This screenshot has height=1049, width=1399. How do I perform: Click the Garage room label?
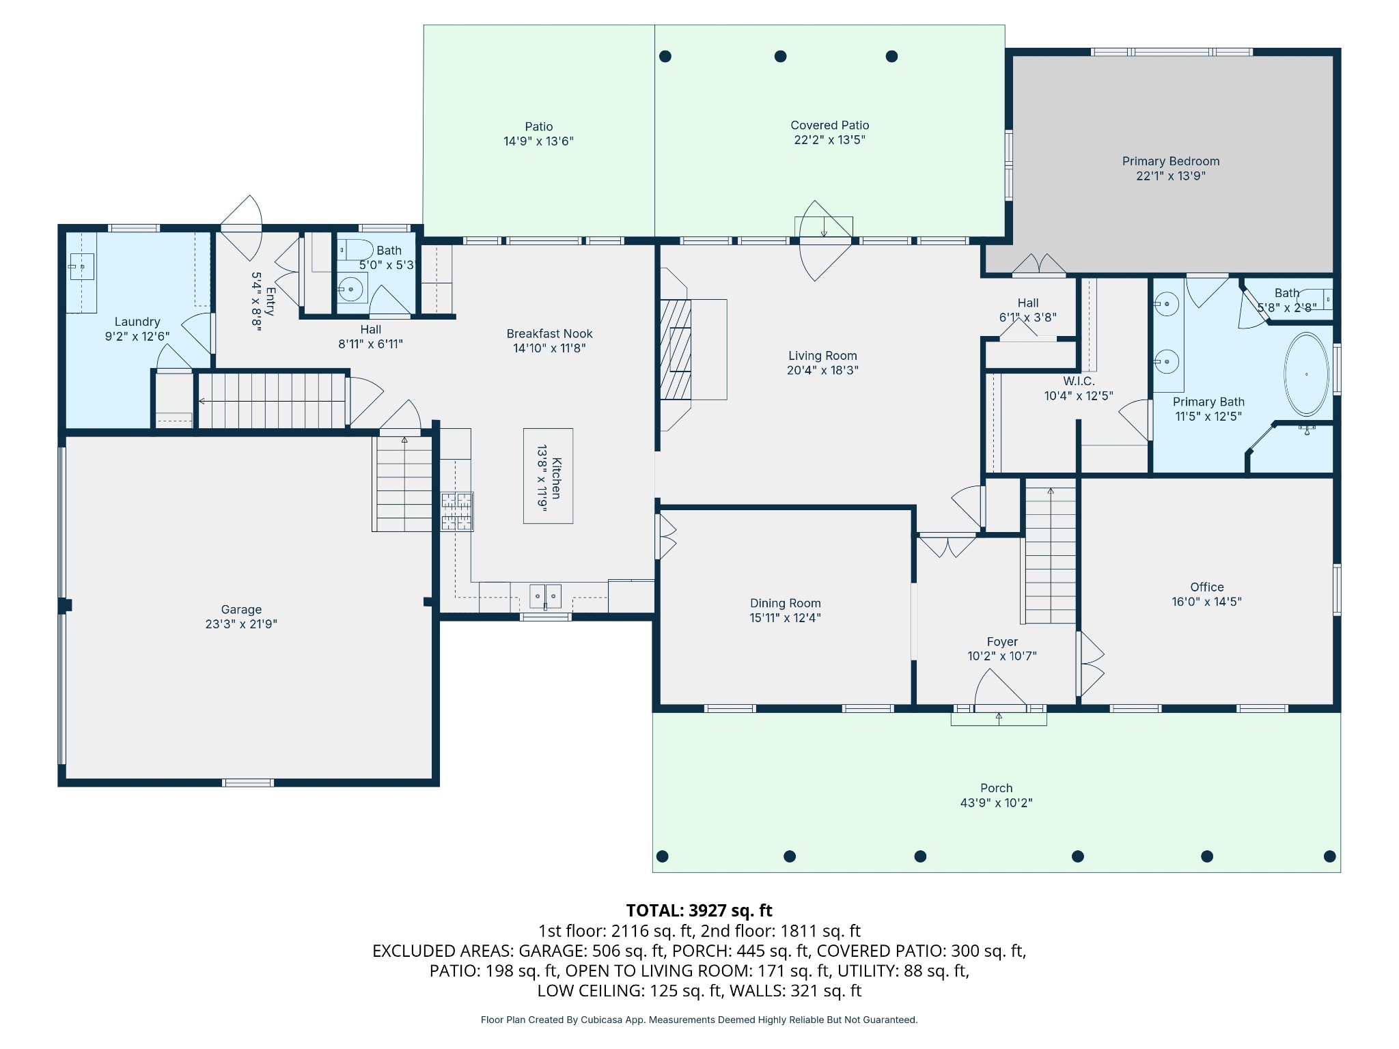pyautogui.click(x=241, y=609)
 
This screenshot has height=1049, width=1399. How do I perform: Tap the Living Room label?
pyautogui.click(x=822, y=356)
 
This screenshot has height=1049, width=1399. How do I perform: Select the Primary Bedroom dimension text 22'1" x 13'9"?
pyautogui.click(x=1171, y=176)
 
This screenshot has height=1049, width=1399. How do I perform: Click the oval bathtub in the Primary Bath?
pyautogui.click(x=1307, y=374)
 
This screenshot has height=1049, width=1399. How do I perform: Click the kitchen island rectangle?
pyautogui.click(x=548, y=476)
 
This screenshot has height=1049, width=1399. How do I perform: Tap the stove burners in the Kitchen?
pyautogui.click(x=457, y=512)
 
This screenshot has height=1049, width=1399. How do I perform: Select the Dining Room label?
pyautogui.click(x=786, y=603)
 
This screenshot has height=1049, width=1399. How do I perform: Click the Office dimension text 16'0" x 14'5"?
pyautogui.click(x=1207, y=602)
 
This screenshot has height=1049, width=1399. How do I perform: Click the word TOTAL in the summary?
pyautogui.click(x=655, y=910)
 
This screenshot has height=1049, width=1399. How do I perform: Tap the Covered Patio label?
pyautogui.click(x=830, y=125)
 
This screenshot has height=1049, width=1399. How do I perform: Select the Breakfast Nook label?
pyautogui.click(x=550, y=333)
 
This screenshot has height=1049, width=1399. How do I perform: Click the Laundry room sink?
pyautogui.click(x=81, y=266)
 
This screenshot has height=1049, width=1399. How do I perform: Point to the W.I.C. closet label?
pyautogui.click(x=1079, y=381)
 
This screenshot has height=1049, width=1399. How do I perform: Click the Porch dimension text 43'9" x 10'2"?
pyautogui.click(x=997, y=803)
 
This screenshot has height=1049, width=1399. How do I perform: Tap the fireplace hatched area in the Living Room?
pyautogui.click(x=676, y=349)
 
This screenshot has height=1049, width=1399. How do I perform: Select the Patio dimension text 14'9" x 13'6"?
pyautogui.click(x=539, y=141)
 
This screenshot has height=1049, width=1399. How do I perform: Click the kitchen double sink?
pyautogui.click(x=545, y=596)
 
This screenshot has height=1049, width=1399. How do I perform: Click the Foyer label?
pyautogui.click(x=1002, y=642)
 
